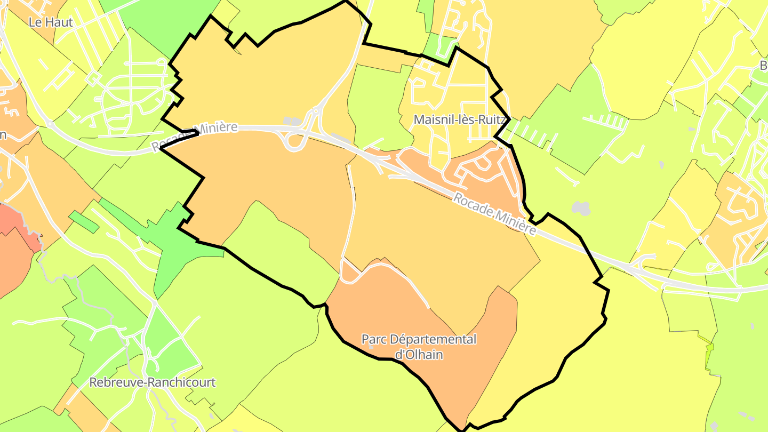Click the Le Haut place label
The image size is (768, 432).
click(x=51, y=22)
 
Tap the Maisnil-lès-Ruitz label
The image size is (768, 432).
click(x=459, y=119)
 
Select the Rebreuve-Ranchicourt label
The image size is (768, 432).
click(x=153, y=382)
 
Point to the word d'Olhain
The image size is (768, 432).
click(x=419, y=354)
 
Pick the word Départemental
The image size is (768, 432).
click(x=434, y=339)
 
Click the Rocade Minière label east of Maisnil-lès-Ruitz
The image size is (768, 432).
click(x=494, y=214)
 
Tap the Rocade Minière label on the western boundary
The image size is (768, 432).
click(x=194, y=137)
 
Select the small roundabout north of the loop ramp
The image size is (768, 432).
click(x=316, y=111)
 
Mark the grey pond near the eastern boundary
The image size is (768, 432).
click(x=581, y=208)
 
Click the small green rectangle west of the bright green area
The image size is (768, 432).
click(x=84, y=222)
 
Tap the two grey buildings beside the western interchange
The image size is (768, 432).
click(x=292, y=122)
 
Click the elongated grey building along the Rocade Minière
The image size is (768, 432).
click(x=341, y=140)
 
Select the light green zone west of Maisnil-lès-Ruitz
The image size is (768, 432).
click(x=376, y=107)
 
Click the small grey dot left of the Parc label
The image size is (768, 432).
click(x=371, y=347)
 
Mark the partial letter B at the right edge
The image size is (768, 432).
click(x=763, y=65)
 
